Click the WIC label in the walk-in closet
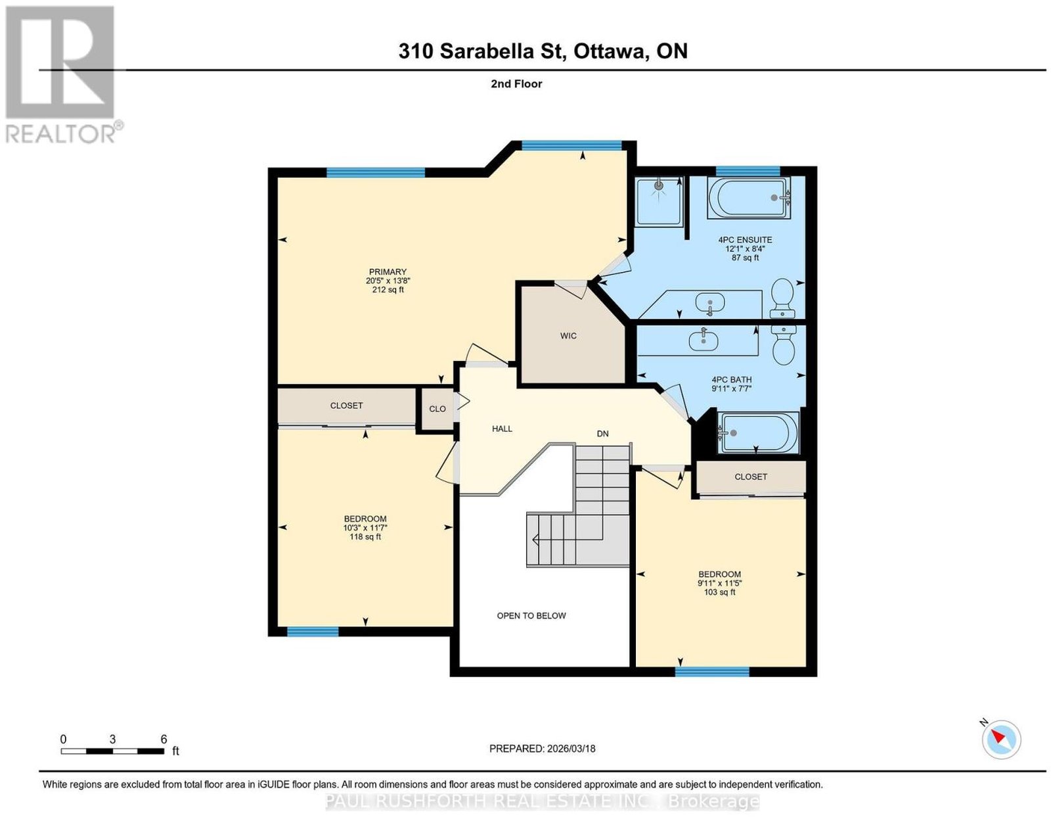click(568, 336)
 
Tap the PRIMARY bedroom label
click(388, 272)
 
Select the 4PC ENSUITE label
click(745, 240)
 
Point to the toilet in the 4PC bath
click(784, 344)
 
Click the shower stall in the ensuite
click(659, 201)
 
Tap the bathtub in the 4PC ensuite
click(749, 198)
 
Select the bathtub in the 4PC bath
click(759, 433)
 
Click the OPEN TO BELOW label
click(531, 616)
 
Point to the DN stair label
click(602, 434)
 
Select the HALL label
click(502, 429)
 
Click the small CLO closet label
click(437, 409)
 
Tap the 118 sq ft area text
click(365, 536)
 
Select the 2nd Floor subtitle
click(516, 83)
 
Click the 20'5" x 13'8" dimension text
click(388, 281)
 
